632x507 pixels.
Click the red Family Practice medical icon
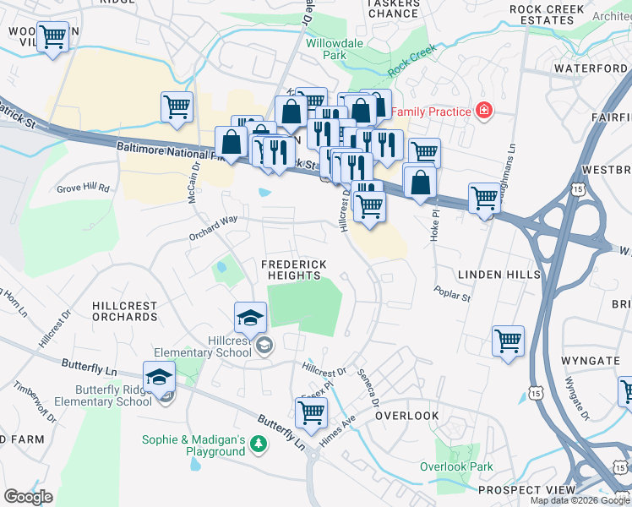click(x=483, y=110)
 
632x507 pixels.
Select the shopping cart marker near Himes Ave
click(x=311, y=412)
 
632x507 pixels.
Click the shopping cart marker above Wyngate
click(x=508, y=341)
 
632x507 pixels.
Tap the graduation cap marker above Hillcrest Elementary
click(x=250, y=317)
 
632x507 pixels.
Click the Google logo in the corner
click(x=28, y=497)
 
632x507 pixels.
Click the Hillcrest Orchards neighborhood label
click(x=125, y=311)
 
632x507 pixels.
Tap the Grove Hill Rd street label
click(x=83, y=188)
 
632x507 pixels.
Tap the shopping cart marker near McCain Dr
click(x=177, y=106)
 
